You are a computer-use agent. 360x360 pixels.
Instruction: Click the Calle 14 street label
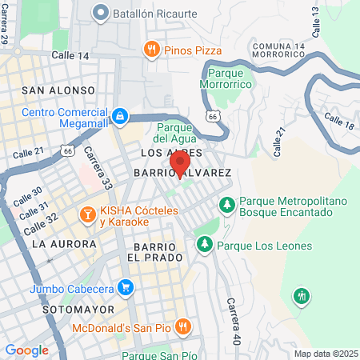tap(70, 55)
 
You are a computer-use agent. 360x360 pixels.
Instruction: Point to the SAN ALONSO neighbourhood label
tap(58, 90)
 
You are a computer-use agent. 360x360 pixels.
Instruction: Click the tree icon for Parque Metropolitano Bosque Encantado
tap(227, 206)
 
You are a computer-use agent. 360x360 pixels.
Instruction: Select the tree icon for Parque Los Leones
tap(205, 243)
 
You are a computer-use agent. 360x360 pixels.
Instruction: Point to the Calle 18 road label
tap(339, 121)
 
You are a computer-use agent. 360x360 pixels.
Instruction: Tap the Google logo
tap(26, 350)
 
